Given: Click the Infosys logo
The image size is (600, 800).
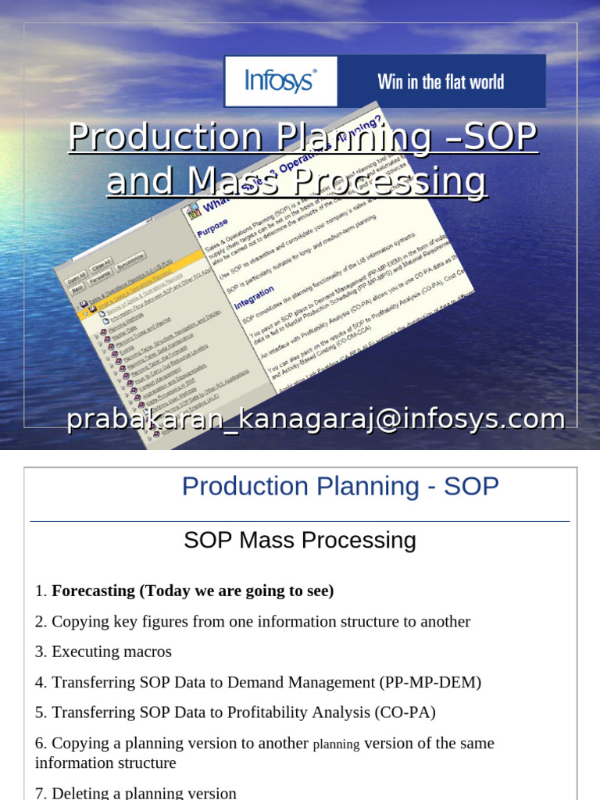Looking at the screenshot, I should (x=280, y=81).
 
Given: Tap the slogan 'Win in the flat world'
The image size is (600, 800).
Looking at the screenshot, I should (x=441, y=82).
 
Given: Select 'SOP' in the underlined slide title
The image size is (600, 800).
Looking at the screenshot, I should (x=500, y=137).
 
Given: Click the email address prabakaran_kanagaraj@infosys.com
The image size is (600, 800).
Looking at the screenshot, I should (x=316, y=419).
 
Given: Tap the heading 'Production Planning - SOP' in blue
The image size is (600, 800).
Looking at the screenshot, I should (x=340, y=486).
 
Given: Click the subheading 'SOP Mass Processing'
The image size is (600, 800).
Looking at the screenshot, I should (x=300, y=540).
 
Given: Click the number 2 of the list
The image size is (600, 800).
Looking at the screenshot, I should (x=39, y=622).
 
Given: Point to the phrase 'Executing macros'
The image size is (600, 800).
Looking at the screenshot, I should (x=112, y=652).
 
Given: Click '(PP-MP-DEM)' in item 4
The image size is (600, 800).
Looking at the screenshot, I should (x=430, y=682).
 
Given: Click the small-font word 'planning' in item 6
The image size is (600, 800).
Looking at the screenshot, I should (x=336, y=745).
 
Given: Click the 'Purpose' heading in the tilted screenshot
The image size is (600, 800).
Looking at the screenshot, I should (x=212, y=231).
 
